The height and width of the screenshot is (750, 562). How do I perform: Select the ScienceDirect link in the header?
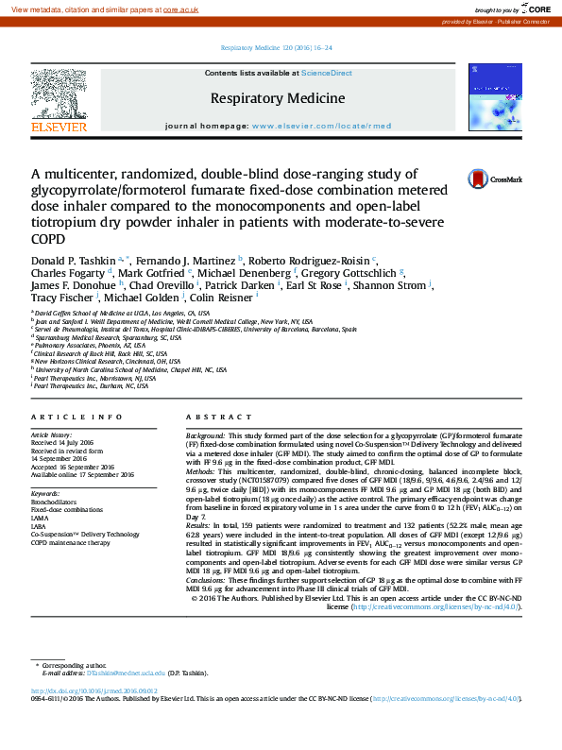(327, 73)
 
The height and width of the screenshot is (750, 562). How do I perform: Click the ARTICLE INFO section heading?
(77, 417)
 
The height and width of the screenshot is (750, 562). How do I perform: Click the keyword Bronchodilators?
(54, 501)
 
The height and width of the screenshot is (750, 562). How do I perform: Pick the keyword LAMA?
(39, 518)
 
